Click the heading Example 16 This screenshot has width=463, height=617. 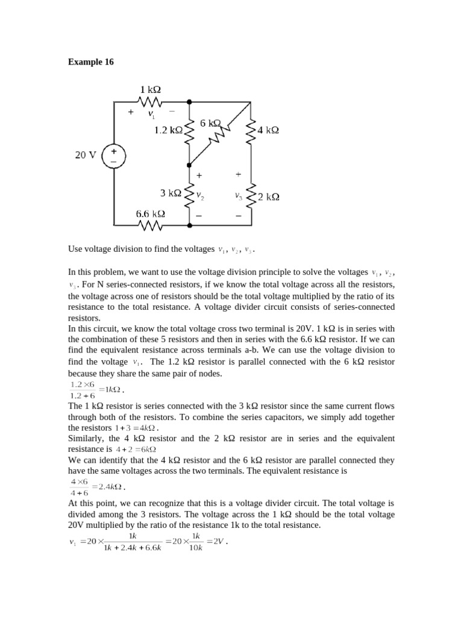pyautogui.click(x=90, y=62)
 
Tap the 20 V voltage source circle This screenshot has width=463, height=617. pyautogui.click(x=113, y=156)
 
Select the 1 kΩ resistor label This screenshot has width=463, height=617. pyautogui.click(x=150, y=90)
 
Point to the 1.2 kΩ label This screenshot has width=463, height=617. pyautogui.click(x=168, y=130)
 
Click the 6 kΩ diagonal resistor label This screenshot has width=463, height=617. pyautogui.click(x=211, y=123)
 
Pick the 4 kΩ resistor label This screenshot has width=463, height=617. pyautogui.click(x=268, y=130)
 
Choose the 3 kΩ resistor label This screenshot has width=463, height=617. pyautogui.click(x=171, y=193)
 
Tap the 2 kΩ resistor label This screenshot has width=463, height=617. pyautogui.click(x=268, y=197)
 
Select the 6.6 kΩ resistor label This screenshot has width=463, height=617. pyautogui.click(x=150, y=214)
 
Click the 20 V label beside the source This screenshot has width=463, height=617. pyautogui.click(x=86, y=155)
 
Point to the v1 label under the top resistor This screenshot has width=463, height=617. pyautogui.click(x=152, y=114)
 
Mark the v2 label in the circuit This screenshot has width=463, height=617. pyautogui.click(x=200, y=196)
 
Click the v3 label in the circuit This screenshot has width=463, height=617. pyautogui.click(x=239, y=196)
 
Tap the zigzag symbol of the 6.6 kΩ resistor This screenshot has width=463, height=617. pyautogui.click(x=151, y=225)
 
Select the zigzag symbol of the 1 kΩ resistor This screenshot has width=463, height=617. pyautogui.click(x=150, y=101)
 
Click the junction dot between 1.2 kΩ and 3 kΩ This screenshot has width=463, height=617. pyautogui.click(x=189, y=164)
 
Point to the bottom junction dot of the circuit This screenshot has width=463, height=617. pyautogui.click(x=189, y=225)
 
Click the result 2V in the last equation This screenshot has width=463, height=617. pyautogui.click(x=217, y=541)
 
